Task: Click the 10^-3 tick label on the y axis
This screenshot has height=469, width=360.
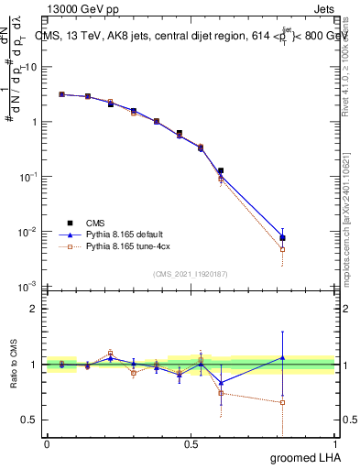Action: coord(28,287)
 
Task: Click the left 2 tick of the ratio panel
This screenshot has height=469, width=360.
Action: coord(35,309)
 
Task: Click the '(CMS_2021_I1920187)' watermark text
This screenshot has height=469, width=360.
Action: coord(191,273)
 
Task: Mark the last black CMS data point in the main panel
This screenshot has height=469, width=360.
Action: coord(283,238)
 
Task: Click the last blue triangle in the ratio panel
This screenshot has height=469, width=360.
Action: coord(283,357)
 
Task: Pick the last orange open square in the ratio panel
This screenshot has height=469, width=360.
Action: coord(283,402)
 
